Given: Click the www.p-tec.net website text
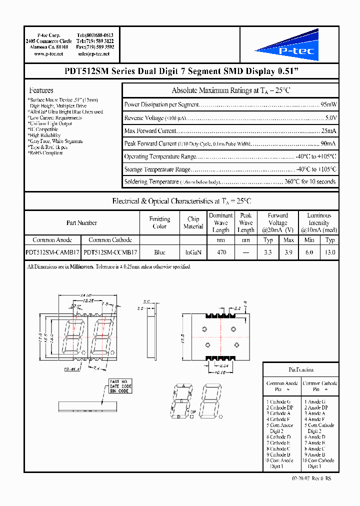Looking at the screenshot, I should click(48, 53).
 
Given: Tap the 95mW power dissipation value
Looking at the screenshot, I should click(328, 105).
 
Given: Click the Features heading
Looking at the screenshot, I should click(41, 90).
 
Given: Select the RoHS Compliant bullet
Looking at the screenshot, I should click(45, 153).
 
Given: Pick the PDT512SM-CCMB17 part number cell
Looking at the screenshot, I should click(110, 252).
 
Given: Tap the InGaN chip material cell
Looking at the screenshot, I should click(193, 252).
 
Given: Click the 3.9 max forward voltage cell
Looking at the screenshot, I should click(288, 252).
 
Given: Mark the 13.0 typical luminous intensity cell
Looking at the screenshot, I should click(329, 252).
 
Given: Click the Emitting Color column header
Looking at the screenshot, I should click(159, 222).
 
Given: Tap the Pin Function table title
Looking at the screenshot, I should click(301, 369).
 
